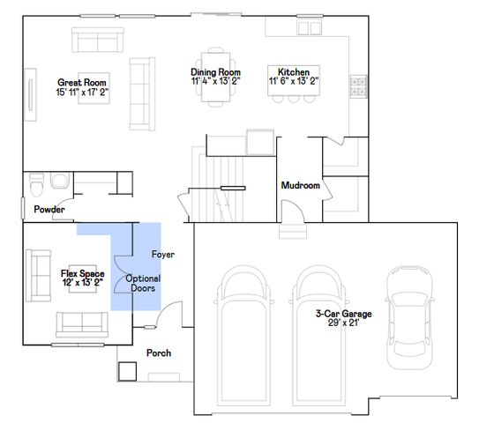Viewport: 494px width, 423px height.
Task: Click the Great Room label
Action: coord(82,83)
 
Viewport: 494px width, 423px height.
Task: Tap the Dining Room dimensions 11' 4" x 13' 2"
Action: coord(216,81)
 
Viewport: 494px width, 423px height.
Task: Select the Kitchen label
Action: coord(294,71)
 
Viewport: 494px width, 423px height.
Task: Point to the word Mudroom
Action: coord(301,185)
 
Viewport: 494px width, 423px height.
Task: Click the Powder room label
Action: coord(49,210)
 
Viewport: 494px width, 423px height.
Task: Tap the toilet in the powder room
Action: coord(36,184)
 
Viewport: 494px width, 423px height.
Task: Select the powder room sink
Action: coord(60,181)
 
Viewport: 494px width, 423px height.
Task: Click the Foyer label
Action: coord(163,255)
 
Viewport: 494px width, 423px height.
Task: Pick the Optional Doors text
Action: coord(143,283)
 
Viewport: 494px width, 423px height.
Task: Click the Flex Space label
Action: coord(83,273)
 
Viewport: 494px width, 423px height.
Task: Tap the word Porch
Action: coord(159,352)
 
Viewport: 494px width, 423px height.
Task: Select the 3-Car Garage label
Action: coord(344,314)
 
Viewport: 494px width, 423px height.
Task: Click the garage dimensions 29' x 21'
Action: coord(343,323)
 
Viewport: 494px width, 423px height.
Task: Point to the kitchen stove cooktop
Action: coord(358,86)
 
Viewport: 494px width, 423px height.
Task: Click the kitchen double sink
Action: coord(310,27)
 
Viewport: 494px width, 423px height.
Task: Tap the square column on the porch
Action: coord(128,371)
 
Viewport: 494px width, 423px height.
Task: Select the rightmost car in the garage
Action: coord(409,317)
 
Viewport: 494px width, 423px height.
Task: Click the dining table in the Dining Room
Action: coord(216,78)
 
